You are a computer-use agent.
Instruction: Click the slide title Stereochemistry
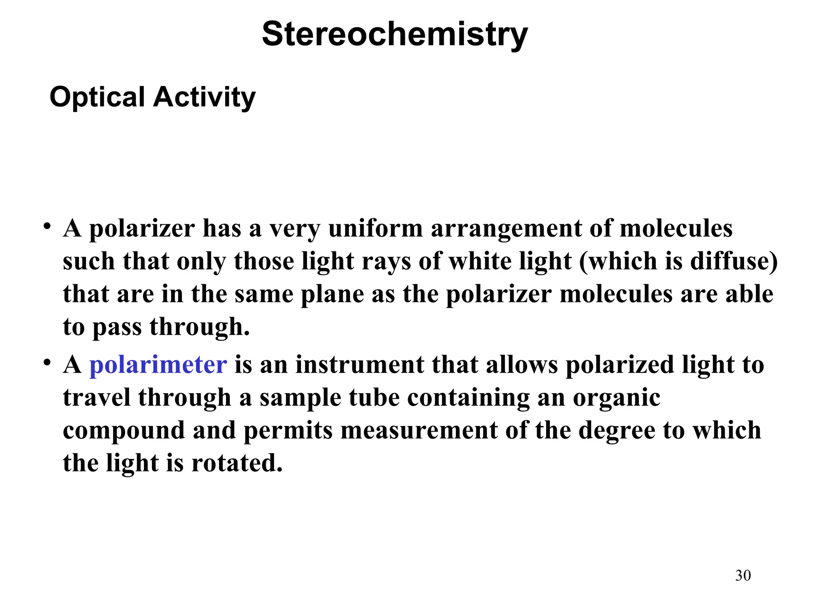tap(395, 35)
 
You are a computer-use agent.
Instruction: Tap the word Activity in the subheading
tap(204, 97)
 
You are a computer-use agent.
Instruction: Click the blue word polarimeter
tap(158, 365)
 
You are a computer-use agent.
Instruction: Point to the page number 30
tap(743, 575)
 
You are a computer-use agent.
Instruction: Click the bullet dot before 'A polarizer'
tap(47, 226)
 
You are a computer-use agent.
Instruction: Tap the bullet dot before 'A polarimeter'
tap(47, 362)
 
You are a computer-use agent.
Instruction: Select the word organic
tap(617, 398)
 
